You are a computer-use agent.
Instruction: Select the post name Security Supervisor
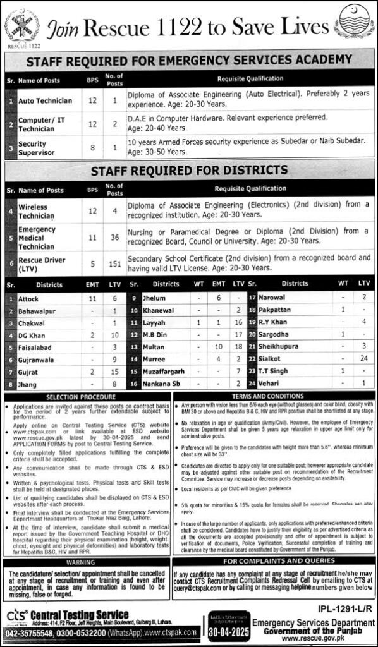pyautogui.click(x=32, y=148)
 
